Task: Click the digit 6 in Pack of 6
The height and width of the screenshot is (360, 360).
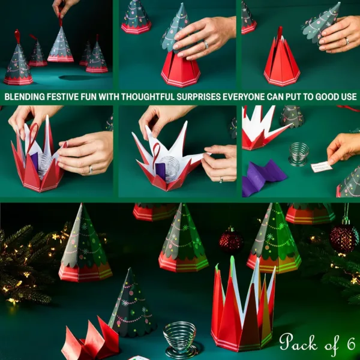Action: click(x=350, y=344)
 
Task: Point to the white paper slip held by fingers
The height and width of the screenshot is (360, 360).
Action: click(x=322, y=167)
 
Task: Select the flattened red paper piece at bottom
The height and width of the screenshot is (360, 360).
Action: click(x=90, y=342)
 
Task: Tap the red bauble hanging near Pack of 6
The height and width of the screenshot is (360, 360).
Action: click(x=344, y=238)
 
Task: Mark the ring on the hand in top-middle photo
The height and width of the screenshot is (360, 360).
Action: click(x=205, y=44)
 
